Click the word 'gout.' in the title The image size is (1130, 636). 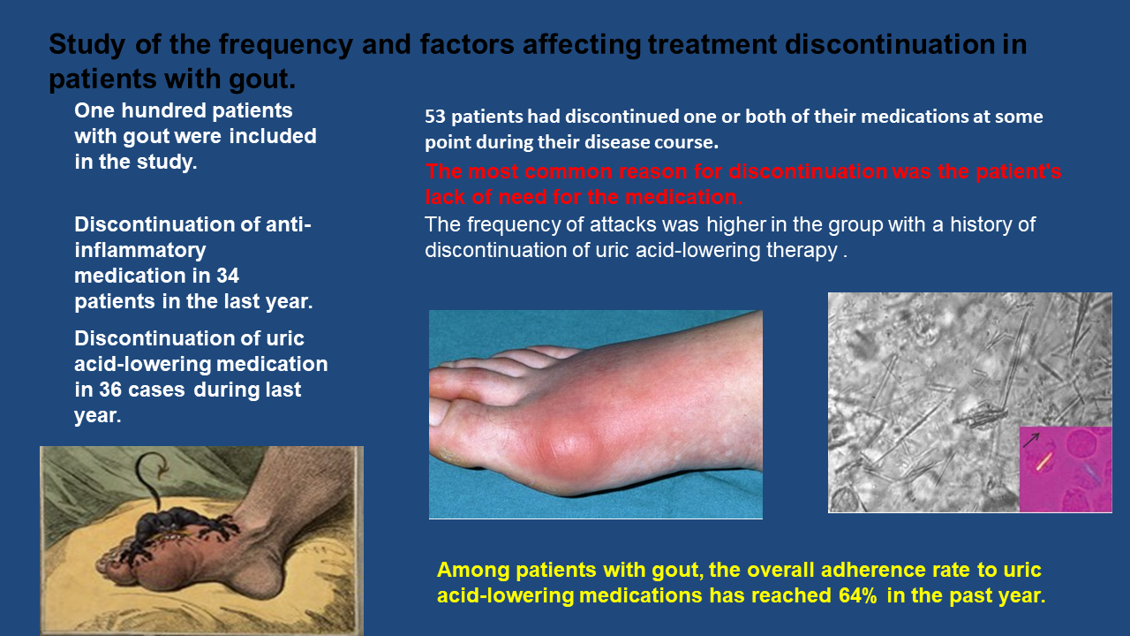[262, 79]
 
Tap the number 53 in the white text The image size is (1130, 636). [435, 117]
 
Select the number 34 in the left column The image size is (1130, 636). [228, 276]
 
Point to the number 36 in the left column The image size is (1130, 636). [110, 390]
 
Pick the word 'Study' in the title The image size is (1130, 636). [87, 45]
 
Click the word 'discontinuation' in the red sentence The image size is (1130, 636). [808, 171]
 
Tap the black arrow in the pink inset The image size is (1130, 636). [1030, 440]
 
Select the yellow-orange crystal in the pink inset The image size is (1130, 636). [1043, 461]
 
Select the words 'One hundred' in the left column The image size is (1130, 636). [140, 110]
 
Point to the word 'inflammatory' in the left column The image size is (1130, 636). [140, 251]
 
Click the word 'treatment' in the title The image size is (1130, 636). [712, 44]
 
